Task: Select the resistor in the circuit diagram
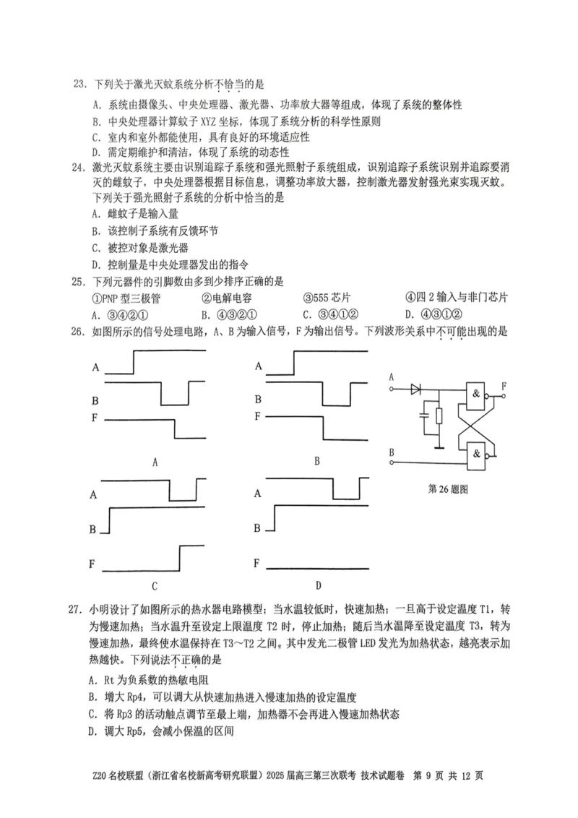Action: tap(438, 417)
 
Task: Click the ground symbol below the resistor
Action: tap(438, 445)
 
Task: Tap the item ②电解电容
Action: tap(226, 298)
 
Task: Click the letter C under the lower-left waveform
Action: tap(154, 585)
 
